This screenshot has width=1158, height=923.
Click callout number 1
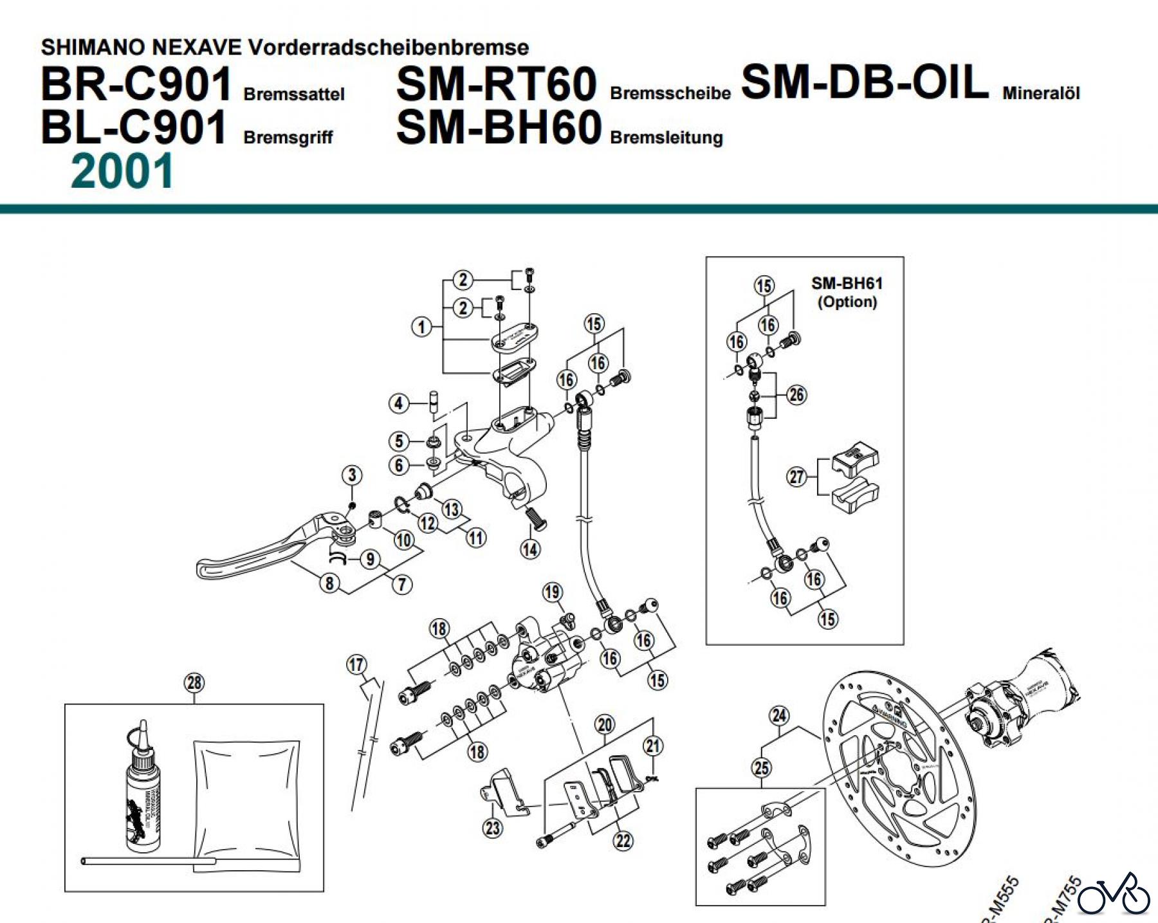point(421,327)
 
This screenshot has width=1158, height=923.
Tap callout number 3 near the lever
point(352,475)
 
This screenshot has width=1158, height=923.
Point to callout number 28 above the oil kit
point(194,682)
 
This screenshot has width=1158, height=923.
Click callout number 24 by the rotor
point(779,716)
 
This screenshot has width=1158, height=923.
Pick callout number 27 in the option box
point(796,477)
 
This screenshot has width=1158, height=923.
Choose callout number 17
point(356,664)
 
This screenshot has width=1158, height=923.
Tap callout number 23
point(493,827)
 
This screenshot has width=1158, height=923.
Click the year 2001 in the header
point(122,171)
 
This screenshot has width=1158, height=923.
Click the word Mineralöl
point(1040,93)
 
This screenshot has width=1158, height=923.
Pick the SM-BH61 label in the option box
point(847,284)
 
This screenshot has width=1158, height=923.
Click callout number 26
point(796,394)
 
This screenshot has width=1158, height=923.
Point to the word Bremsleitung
point(666,138)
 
